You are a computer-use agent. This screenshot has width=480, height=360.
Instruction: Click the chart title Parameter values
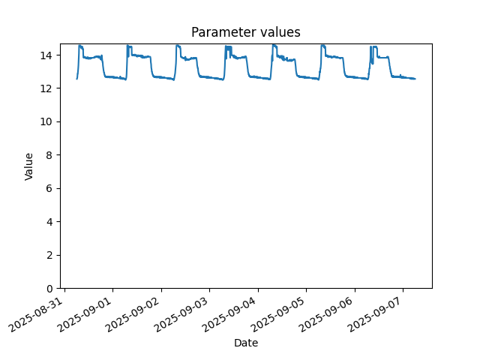click(246, 32)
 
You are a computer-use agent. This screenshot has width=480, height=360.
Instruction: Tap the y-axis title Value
click(28, 166)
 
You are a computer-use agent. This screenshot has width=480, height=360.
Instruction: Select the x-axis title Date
click(246, 343)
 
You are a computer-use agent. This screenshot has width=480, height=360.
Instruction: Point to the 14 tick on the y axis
click(46, 55)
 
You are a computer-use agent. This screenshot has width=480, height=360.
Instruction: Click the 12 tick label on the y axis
click(46, 88)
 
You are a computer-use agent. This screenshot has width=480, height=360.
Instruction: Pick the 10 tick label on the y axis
click(46, 121)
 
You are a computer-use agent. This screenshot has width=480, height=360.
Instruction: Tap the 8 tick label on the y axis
click(49, 155)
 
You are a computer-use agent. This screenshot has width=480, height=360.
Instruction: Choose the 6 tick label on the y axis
click(49, 188)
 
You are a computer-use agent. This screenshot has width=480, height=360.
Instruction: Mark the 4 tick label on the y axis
click(49, 222)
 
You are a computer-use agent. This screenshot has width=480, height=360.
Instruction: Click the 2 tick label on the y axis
click(49, 255)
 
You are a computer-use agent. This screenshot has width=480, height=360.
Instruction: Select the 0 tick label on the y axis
click(49, 288)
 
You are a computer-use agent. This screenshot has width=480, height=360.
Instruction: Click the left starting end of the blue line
click(76, 79)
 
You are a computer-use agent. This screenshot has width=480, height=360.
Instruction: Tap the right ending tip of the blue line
click(415, 79)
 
